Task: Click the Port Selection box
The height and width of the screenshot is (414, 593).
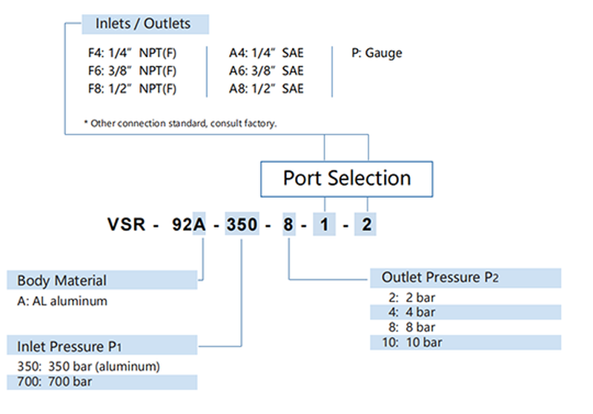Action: pyautogui.click(x=347, y=178)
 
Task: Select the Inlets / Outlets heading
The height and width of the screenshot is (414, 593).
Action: pyautogui.click(x=143, y=24)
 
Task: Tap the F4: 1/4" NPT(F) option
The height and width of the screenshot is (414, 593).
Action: pyautogui.click(x=132, y=53)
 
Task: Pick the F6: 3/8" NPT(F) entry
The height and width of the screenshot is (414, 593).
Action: pyautogui.click(x=132, y=71)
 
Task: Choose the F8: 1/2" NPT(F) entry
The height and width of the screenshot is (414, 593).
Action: pyautogui.click(x=132, y=89)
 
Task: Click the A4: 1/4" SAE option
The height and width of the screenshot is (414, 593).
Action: pyautogui.click(x=266, y=53)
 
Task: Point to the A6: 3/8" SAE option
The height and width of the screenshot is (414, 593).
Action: pyautogui.click(x=266, y=71)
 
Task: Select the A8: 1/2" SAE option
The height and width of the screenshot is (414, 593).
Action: pyautogui.click(x=266, y=89)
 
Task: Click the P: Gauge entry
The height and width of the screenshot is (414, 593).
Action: pyautogui.click(x=377, y=53)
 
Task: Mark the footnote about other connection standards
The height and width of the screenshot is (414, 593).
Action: pyautogui.click(x=182, y=124)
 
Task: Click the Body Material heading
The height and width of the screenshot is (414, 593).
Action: pyautogui.click(x=62, y=281)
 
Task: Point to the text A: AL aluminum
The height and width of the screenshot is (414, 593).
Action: pyautogui.click(x=62, y=301)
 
